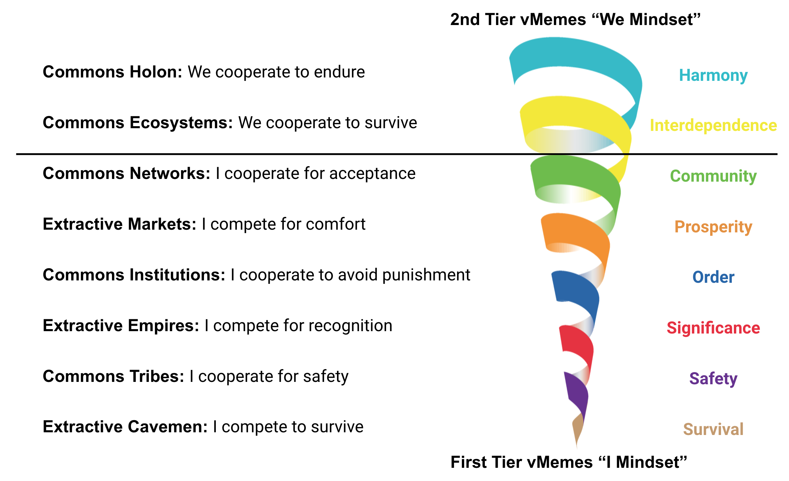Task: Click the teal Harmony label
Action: tap(713, 75)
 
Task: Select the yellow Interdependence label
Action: tap(713, 125)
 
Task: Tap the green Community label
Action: tap(713, 176)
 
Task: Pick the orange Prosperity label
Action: tap(713, 227)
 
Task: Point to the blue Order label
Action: tap(713, 277)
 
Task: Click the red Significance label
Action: tap(713, 328)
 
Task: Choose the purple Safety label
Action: tap(713, 379)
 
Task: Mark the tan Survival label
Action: tap(713, 429)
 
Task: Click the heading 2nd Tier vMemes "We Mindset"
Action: tap(575, 19)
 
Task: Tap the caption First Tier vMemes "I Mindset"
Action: tap(569, 462)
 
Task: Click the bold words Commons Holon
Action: tap(112, 72)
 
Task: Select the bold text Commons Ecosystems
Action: tap(138, 123)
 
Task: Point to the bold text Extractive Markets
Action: tap(119, 224)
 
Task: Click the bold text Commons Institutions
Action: tap(134, 275)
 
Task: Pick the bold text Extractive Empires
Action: tap(121, 326)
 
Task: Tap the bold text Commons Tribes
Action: tap(113, 376)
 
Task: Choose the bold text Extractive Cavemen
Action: tap(125, 427)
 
